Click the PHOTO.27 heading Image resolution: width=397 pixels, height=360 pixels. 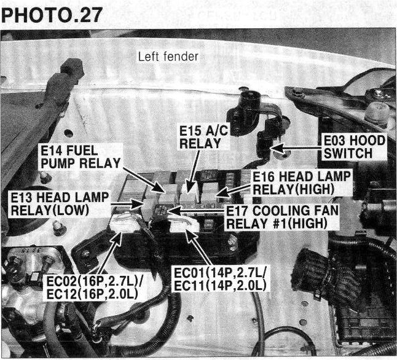point(52,15)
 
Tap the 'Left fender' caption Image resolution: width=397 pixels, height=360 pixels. point(168,57)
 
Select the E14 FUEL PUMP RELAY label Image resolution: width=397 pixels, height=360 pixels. point(81,157)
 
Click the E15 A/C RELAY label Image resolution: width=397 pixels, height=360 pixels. point(204,137)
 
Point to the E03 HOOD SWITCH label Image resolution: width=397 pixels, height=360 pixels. point(355,147)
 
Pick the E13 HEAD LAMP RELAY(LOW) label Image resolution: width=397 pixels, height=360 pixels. point(60,204)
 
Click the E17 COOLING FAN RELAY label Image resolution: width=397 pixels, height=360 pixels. point(282,217)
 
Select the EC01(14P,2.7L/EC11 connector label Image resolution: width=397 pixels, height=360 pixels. point(220,280)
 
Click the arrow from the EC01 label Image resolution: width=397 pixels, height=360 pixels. point(199,247)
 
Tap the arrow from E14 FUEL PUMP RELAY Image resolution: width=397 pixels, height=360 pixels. point(144,180)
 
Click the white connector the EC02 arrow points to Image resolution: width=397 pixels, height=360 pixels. point(125,224)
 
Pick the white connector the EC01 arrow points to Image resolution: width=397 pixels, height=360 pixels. point(184,224)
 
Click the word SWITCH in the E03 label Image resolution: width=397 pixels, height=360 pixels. point(348,154)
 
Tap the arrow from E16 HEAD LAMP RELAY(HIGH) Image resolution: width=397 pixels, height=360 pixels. point(234,190)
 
